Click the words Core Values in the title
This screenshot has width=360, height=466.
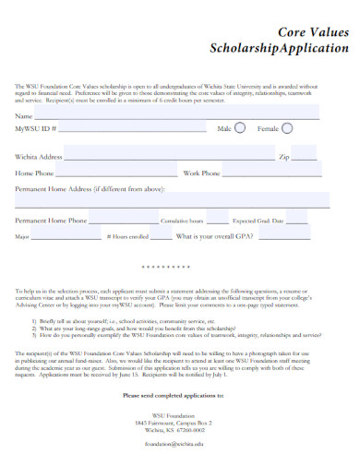[313, 31]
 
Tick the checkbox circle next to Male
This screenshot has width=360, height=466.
[240, 129]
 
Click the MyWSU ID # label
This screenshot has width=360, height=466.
[36, 130]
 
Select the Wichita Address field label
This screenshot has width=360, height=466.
[39, 158]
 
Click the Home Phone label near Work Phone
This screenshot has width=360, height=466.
[34, 173]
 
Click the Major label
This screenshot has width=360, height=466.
[23, 237]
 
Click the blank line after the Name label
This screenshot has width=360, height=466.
[175, 117]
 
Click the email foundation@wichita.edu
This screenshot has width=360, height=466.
[173, 444]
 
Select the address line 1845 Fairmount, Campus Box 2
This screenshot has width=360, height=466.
[173, 422]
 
